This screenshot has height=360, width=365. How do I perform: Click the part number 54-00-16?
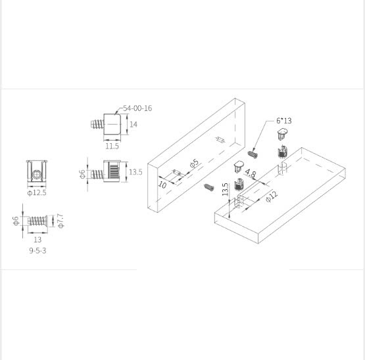click(137, 108)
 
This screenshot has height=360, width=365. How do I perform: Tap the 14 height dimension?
click(133, 124)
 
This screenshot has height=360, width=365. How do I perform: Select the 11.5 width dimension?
click(112, 146)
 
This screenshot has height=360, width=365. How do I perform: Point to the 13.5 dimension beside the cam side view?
click(135, 172)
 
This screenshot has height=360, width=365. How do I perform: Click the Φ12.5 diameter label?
click(37, 192)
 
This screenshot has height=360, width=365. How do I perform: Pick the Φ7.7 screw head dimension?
click(61, 221)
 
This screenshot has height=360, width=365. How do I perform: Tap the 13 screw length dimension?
click(37, 239)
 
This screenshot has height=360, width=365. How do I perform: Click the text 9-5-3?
click(37, 250)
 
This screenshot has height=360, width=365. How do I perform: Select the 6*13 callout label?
click(283, 121)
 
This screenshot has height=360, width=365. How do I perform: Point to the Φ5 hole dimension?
click(195, 164)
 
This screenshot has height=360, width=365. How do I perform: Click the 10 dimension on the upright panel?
click(162, 185)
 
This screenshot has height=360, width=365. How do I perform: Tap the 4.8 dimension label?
click(251, 173)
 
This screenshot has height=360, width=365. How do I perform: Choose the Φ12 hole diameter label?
click(272, 196)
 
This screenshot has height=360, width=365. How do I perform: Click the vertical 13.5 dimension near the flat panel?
click(225, 189)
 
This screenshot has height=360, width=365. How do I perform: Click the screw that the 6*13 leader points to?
click(253, 154)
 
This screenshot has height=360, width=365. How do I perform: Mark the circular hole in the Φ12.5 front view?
click(37, 175)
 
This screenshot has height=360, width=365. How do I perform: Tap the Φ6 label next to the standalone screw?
click(16, 221)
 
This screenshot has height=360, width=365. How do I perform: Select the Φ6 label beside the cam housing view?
click(82, 174)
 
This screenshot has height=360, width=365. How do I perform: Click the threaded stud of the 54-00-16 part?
click(97, 124)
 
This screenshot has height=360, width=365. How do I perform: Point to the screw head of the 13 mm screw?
click(46, 221)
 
